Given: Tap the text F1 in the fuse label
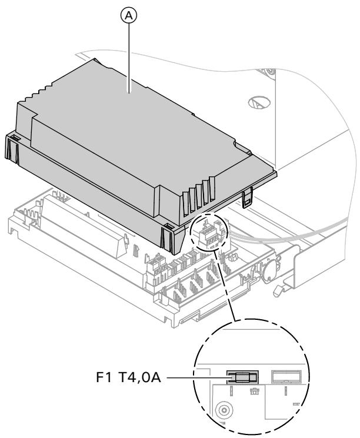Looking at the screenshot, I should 133,374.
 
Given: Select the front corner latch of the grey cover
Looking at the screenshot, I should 168,234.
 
